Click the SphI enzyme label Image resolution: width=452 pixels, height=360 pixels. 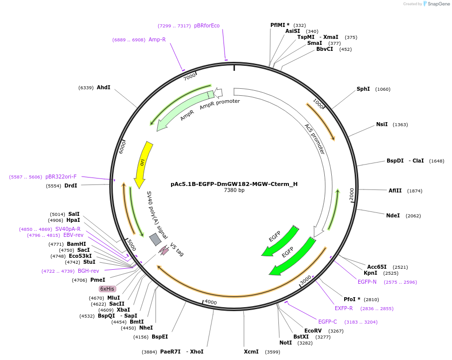click(x=363, y=89)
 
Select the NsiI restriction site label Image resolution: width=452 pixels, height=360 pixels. click(x=382, y=125)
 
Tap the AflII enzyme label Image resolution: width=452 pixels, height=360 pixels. click(x=395, y=190)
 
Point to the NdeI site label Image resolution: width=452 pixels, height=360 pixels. click(x=393, y=216)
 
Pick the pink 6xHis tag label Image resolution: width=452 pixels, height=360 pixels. click(x=107, y=289)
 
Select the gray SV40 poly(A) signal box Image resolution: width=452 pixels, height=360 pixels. click(x=155, y=240)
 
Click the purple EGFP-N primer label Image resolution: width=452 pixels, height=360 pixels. click(x=367, y=282)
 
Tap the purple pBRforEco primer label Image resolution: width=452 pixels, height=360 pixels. click(x=207, y=26)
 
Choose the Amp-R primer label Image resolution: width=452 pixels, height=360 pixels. click(x=157, y=40)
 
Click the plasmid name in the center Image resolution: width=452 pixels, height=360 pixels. click(x=234, y=184)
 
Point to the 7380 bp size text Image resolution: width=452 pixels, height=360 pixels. click(x=234, y=190)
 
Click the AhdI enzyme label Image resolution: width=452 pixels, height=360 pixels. click(x=104, y=88)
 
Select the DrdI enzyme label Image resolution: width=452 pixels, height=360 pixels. click(x=71, y=186)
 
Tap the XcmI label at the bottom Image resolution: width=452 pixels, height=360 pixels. click(x=251, y=352)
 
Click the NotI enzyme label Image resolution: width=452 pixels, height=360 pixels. click(x=286, y=343)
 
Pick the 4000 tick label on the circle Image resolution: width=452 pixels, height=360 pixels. click(x=211, y=303)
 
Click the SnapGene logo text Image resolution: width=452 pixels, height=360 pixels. click(x=438, y=4)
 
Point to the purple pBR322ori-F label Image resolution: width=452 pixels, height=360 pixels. click(x=61, y=177)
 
